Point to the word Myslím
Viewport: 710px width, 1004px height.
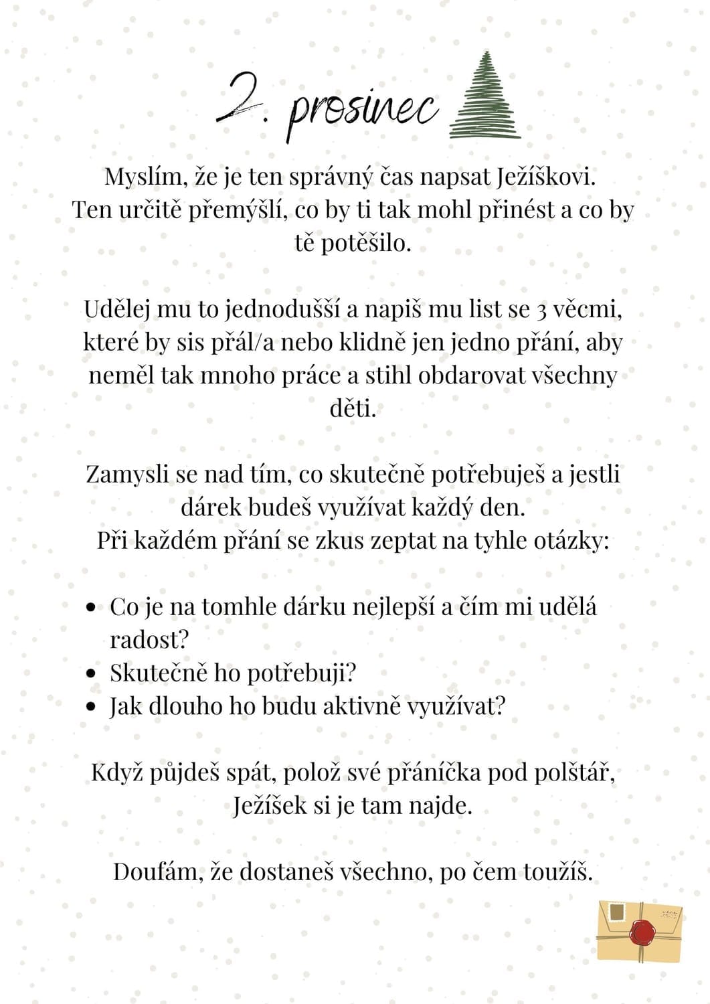[x=143, y=177]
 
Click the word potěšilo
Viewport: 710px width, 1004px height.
[x=353, y=242]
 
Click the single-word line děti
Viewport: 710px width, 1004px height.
[x=353, y=408]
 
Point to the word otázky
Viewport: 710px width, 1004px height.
[x=571, y=540]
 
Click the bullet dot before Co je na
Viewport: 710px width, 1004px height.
[x=92, y=608]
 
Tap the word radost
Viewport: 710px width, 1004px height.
[x=149, y=639]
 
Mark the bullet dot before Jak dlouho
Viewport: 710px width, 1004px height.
[x=92, y=707]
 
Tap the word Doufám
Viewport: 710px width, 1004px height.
[x=157, y=871]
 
